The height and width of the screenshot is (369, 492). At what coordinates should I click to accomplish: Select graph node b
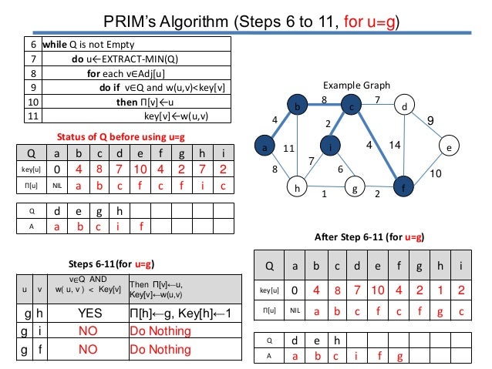click(295, 107)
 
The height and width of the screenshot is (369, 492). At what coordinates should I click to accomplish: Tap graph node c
click(351, 107)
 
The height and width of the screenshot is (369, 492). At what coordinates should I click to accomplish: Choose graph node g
click(354, 186)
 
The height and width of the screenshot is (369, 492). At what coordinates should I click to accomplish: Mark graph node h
click(295, 186)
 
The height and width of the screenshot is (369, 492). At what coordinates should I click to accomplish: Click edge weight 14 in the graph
click(395, 144)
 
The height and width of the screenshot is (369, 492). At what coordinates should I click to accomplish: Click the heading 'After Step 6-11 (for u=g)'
click(372, 236)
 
